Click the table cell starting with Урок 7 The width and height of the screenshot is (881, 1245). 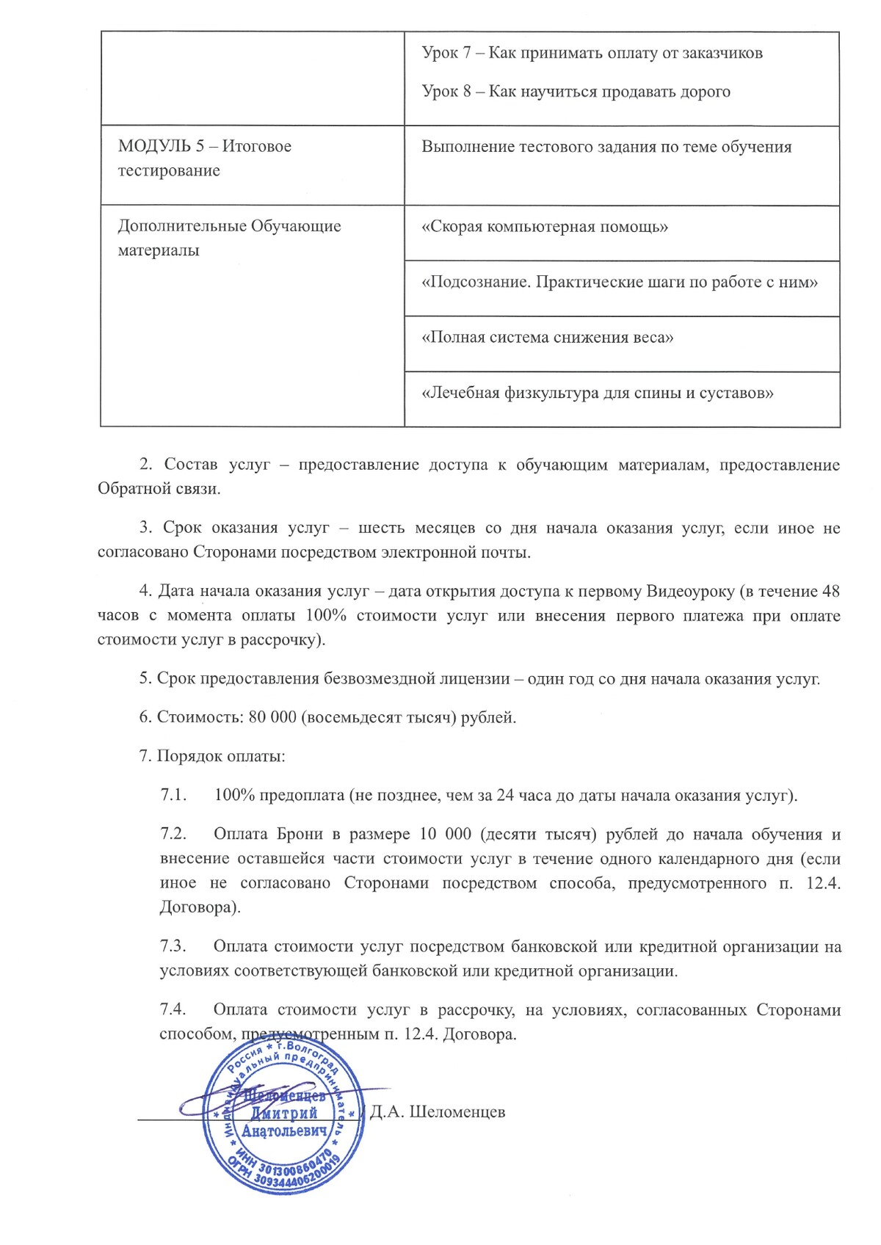click(592, 53)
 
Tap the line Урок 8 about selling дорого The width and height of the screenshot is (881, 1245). click(576, 92)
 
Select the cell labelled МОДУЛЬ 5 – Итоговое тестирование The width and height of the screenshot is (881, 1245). click(204, 158)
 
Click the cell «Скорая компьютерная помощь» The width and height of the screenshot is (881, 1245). click(545, 226)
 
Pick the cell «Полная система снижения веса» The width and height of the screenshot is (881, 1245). click(548, 338)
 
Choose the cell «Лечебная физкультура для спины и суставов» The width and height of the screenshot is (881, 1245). click(598, 393)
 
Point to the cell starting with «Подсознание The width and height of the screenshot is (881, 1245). click(620, 282)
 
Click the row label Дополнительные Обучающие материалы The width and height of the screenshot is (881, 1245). click(229, 237)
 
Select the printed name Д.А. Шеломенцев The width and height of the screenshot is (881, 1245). click(438, 1111)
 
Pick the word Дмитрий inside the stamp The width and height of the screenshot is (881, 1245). click(284, 1114)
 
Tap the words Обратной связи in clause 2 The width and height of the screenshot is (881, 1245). click(159, 489)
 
